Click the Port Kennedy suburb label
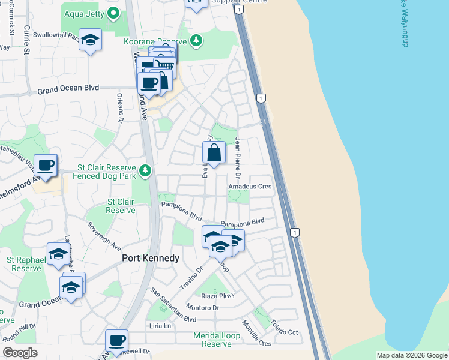pos(151,258)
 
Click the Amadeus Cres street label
pos(250,187)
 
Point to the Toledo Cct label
pos(284,328)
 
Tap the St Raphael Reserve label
pos(24,264)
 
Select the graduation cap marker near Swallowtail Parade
pos(90,40)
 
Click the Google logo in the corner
pos(20,353)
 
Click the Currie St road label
pos(26,40)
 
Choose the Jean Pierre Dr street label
pos(238,158)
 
